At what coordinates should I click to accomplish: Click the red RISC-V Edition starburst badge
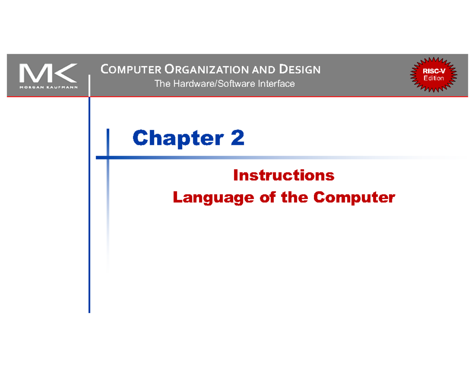(x=433, y=75)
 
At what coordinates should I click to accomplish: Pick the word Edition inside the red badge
(x=433, y=78)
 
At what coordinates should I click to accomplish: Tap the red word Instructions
(x=284, y=175)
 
